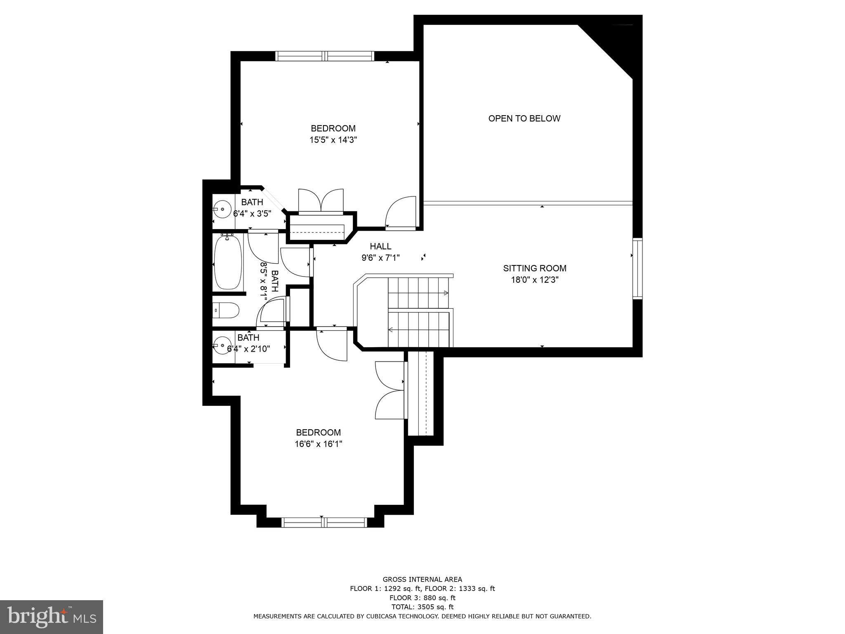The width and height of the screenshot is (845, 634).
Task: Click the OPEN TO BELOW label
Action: (524, 118)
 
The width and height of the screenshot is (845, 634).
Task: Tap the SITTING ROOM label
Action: (534, 268)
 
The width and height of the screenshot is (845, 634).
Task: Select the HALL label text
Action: (380, 246)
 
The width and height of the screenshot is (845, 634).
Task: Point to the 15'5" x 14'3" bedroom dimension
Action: (333, 140)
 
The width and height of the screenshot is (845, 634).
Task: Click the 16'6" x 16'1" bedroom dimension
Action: (318, 444)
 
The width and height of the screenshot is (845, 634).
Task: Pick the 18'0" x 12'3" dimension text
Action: (534, 280)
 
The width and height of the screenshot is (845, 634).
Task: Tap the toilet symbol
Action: (226, 310)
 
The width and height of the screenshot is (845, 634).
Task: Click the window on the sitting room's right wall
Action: (637, 268)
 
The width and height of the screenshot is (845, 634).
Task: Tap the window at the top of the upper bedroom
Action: (324, 56)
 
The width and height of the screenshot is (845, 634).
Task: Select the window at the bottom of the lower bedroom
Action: (324, 523)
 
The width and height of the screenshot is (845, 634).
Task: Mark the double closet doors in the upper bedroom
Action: (321, 201)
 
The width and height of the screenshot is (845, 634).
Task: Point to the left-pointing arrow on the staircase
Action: (390, 329)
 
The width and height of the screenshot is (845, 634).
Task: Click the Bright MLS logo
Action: (52, 617)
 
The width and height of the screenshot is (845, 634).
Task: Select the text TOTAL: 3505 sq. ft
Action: (422, 607)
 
